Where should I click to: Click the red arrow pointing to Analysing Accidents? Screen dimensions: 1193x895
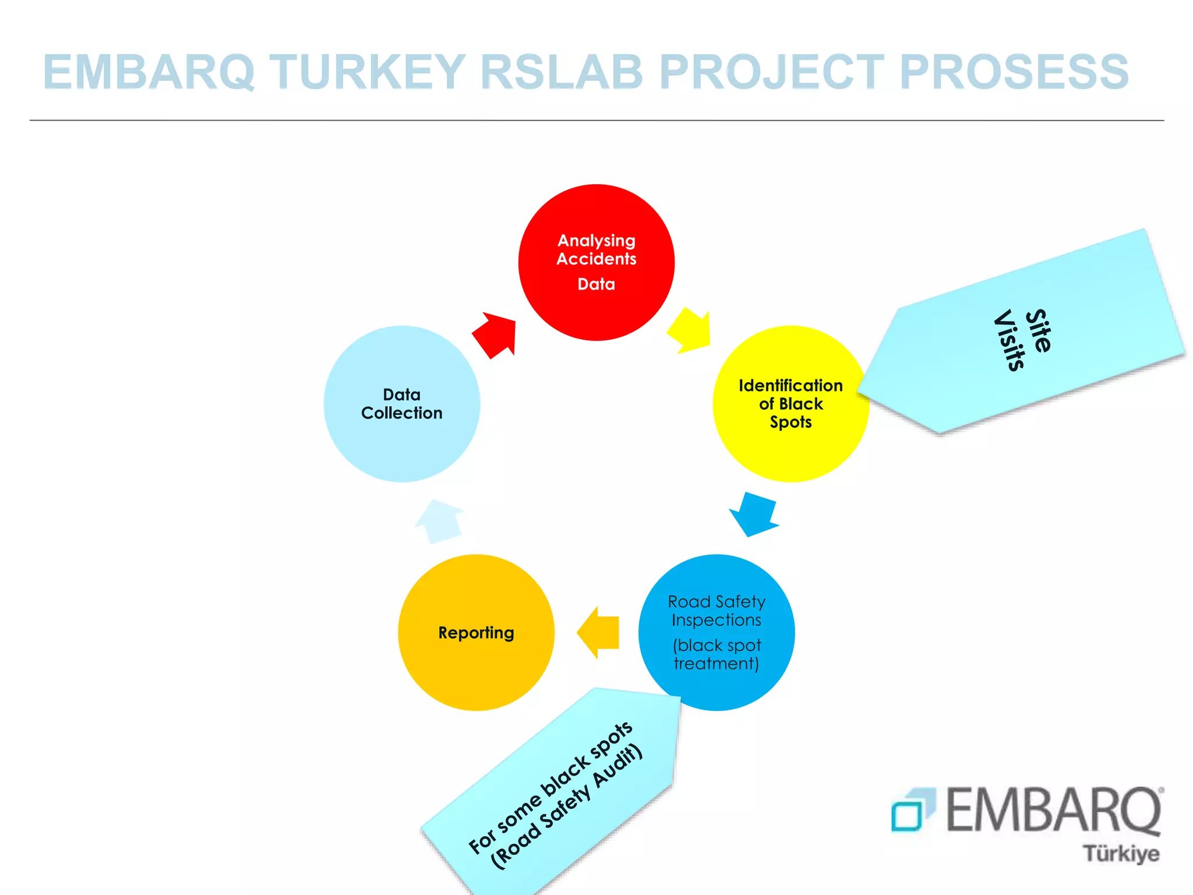[495, 334]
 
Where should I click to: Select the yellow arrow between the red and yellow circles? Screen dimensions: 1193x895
[690, 330]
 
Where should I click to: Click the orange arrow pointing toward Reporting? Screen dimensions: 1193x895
[599, 632]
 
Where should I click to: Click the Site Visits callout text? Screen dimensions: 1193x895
[1023, 339]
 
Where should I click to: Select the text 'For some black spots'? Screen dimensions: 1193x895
[550, 787]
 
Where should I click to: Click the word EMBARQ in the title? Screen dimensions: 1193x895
[149, 72]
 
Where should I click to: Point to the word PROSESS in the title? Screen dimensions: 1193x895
[1014, 72]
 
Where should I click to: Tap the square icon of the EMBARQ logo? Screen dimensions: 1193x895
[912, 810]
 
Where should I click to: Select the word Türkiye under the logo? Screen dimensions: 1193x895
[1121, 854]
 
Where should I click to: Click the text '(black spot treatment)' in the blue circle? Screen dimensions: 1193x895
[716, 654]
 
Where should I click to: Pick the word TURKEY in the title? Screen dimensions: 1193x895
[368, 72]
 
